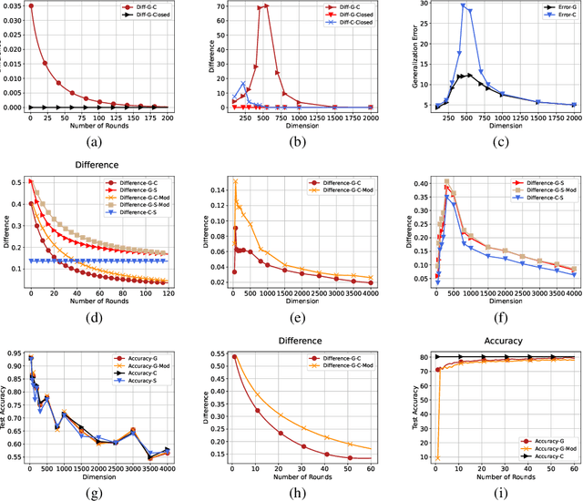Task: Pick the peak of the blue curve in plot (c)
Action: point(463,5)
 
